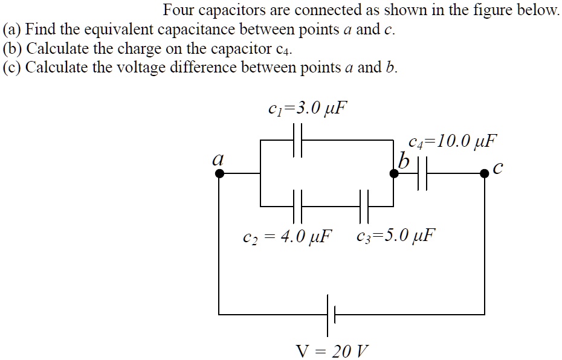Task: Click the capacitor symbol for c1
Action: click(297, 141)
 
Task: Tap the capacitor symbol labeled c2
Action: click(297, 206)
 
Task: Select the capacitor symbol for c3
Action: click(363, 206)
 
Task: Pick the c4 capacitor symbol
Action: click(422, 174)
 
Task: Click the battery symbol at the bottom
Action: click(331, 315)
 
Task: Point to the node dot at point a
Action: click(219, 174)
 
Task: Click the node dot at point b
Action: click(394, 174)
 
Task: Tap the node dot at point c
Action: click(484, 174)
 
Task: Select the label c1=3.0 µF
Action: click(308, 109)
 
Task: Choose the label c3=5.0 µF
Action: click(395, 234)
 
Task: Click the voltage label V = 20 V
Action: click(332, 350)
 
